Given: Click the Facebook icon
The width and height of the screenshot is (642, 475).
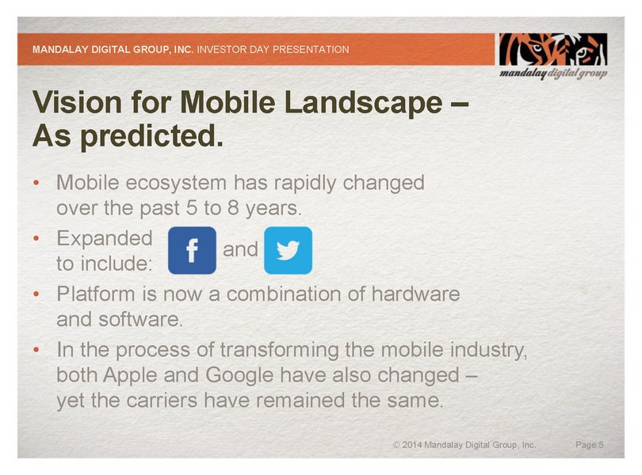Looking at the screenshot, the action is (192, 250).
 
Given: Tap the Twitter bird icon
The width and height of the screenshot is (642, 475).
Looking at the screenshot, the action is (288, 250).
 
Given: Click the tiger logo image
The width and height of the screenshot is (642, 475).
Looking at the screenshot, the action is (553, 50).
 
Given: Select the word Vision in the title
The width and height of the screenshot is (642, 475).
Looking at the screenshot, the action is (78, 102).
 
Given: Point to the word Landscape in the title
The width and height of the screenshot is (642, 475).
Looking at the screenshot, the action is (363, 102).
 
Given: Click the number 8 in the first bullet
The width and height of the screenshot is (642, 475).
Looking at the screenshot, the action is (233, 208).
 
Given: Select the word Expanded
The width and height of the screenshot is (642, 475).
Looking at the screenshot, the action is (105, 239).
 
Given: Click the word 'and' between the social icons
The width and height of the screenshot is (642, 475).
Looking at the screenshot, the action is (240, 249).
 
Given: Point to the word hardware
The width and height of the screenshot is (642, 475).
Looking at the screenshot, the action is (415, 294).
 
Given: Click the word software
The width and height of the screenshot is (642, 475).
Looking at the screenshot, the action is (140, 320).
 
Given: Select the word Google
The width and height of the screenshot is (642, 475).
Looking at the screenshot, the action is (239, 375).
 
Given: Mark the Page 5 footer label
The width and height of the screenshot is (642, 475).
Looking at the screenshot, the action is (590, 445).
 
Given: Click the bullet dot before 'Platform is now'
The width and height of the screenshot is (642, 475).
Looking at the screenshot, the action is (36, 294).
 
